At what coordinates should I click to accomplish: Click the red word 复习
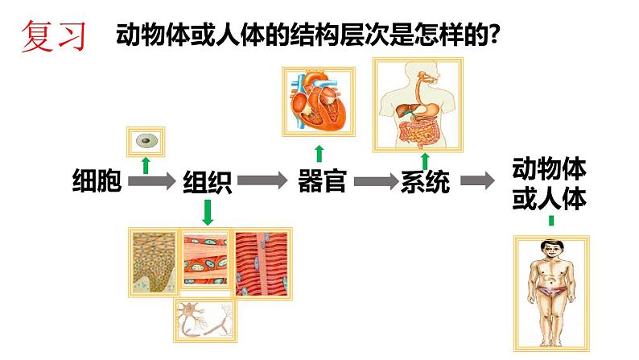click(x=52, y=36)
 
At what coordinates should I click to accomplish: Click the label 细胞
click(x=97, y=182)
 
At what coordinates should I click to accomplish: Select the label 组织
click(x=208, y=182)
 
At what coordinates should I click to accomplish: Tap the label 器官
click(x=321, y=180)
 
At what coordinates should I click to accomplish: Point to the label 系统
click(x=424, y=182)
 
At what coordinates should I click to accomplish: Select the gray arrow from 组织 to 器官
click(x=262, y=180)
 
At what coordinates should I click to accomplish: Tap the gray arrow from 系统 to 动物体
click(x=477, y=181)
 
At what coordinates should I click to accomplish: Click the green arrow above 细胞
click(x=146, y=165)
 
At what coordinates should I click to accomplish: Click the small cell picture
click(x=146, y=141)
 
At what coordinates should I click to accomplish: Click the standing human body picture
click(x=550, y=292)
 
